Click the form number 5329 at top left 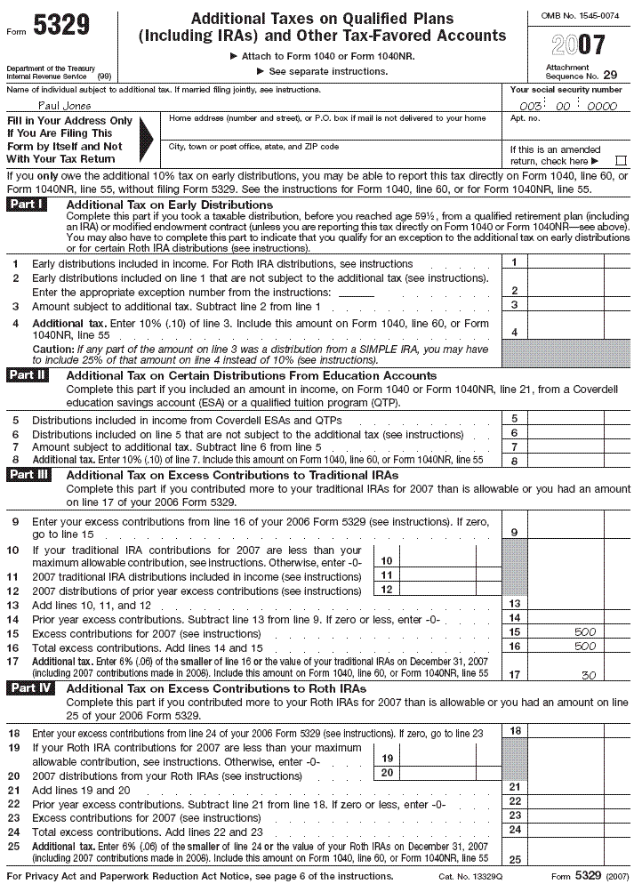60,28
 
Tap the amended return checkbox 621,161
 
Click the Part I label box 28,205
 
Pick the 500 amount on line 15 585,632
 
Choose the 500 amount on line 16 585,647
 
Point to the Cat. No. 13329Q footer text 471,877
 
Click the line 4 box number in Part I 514,332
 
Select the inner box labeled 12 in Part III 386,590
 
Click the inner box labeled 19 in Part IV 386,757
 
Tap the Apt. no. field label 525,118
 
